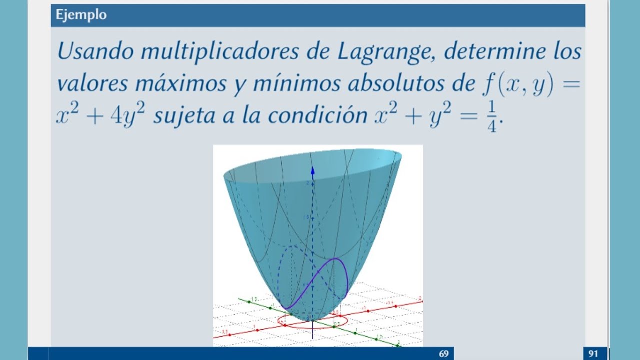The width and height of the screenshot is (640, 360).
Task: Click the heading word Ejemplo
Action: [81, 15]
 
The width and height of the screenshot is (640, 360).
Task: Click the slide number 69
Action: [444, 354]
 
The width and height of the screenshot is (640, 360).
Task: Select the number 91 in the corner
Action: [593, 354]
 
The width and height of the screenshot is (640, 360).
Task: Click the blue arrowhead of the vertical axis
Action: [313, 170]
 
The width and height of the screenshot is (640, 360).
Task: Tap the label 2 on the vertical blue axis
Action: [308, 184]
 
